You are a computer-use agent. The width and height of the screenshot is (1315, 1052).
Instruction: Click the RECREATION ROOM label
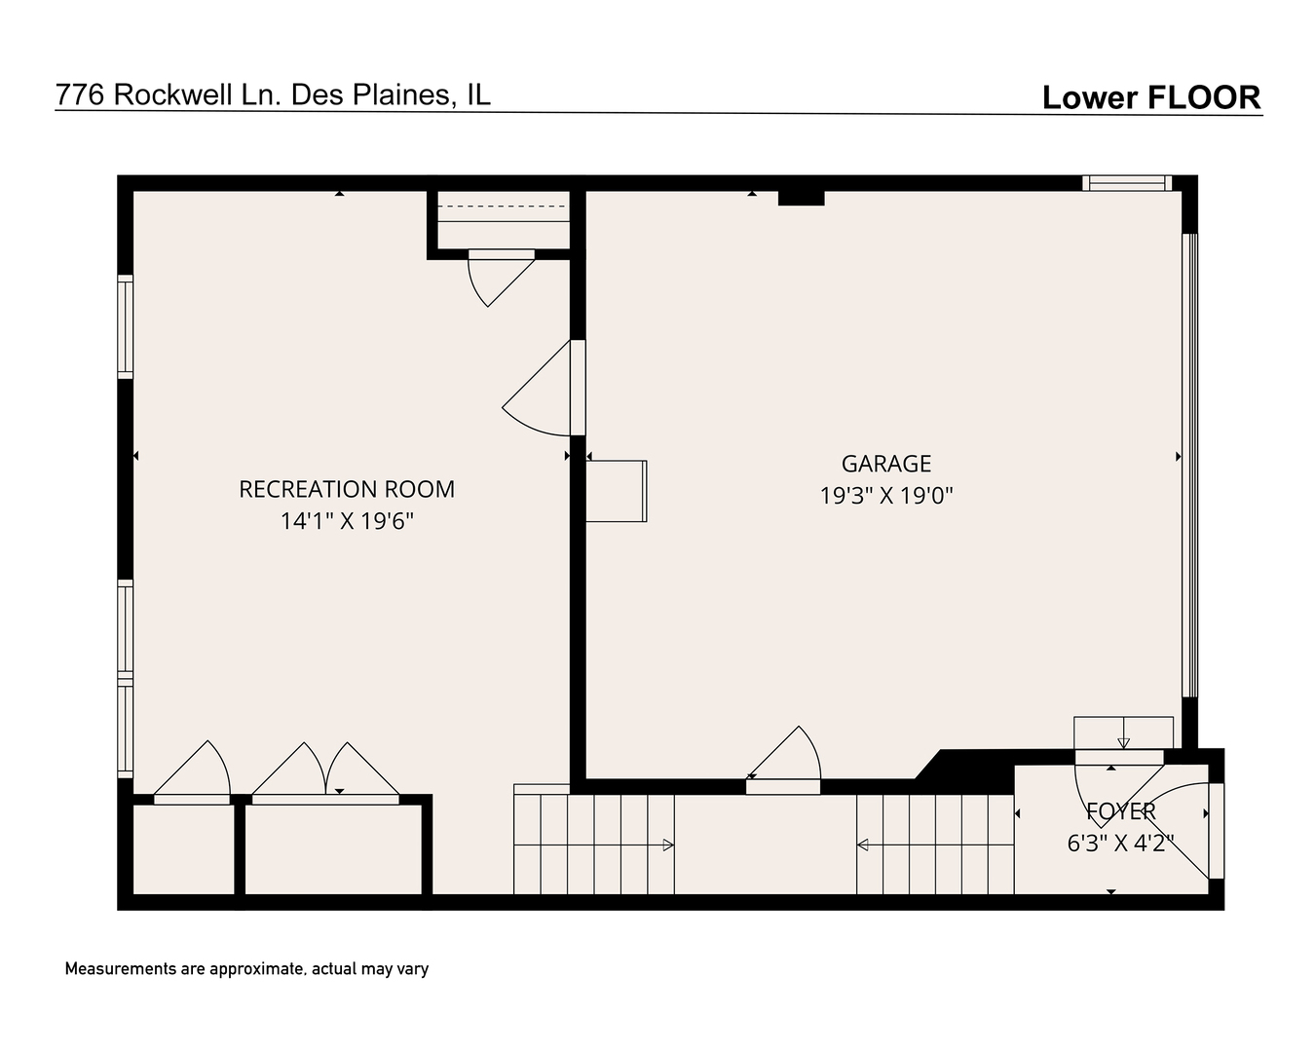point(347,489)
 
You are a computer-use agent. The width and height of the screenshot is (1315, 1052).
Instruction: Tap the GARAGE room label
point(885,464)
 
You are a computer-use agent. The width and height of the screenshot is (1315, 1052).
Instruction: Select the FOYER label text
point(1120,810)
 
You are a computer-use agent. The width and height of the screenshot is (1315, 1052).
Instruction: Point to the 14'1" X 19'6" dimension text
point(347,521)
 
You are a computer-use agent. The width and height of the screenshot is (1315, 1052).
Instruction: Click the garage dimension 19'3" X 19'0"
point(885,496)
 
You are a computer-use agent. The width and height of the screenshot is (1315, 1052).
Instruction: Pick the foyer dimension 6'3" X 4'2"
point(1120,843)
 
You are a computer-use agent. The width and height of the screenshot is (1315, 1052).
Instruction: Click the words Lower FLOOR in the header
point(1150,97)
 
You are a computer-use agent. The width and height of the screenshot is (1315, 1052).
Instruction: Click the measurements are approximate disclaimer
point(246,969)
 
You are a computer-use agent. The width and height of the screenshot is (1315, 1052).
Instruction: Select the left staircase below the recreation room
point(593,845)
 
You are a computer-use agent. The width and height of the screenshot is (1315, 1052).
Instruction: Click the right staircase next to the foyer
point(935,845)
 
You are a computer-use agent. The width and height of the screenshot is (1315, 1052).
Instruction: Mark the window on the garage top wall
point(1126,182)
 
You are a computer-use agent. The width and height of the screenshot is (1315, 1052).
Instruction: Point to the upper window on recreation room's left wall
point(126,326)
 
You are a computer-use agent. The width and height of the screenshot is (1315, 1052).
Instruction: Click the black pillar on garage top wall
point(801,198)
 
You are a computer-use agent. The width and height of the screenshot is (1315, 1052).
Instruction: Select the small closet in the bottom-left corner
point(183,848)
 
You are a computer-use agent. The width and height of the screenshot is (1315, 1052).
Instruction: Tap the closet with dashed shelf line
point(502,221)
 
